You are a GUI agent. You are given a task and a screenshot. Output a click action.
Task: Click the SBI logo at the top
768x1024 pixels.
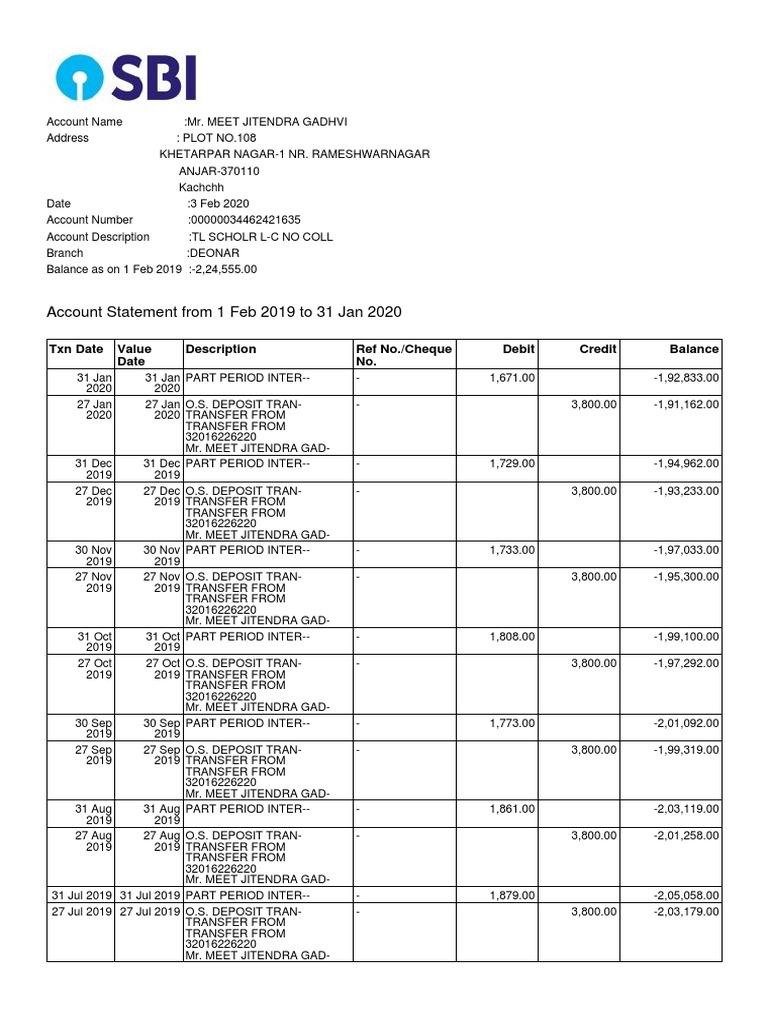coord(126,77)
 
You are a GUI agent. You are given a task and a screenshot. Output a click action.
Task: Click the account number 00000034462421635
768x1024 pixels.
coord(244,220)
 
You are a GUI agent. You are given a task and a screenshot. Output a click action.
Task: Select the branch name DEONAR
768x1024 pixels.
coord(212,253)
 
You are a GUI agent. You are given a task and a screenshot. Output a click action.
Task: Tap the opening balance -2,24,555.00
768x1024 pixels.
coord(222,270)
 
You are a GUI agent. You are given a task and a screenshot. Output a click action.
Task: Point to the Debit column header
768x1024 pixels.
coord(520,349)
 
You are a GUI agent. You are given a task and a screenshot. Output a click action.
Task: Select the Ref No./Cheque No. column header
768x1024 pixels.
coord(404,355)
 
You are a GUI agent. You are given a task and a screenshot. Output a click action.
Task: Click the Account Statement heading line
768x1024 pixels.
coord(224,312)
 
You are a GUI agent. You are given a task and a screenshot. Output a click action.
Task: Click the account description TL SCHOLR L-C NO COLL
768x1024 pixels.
coord(261,237)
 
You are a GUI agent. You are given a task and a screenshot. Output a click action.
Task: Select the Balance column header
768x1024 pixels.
coord(694,349)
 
